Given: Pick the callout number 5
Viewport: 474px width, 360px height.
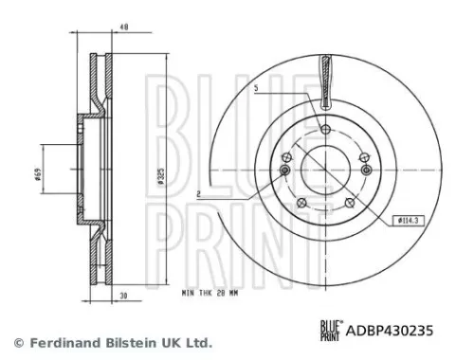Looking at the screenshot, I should (256, 88).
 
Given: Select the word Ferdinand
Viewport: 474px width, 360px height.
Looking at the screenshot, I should (59, 342).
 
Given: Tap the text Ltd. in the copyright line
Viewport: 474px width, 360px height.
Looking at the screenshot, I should (197, 342).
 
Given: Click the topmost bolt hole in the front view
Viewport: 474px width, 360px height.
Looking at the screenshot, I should (325, 130).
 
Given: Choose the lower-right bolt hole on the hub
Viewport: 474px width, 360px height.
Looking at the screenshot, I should (351, 202).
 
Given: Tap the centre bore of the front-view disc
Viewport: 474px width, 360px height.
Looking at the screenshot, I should (325, 171).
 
